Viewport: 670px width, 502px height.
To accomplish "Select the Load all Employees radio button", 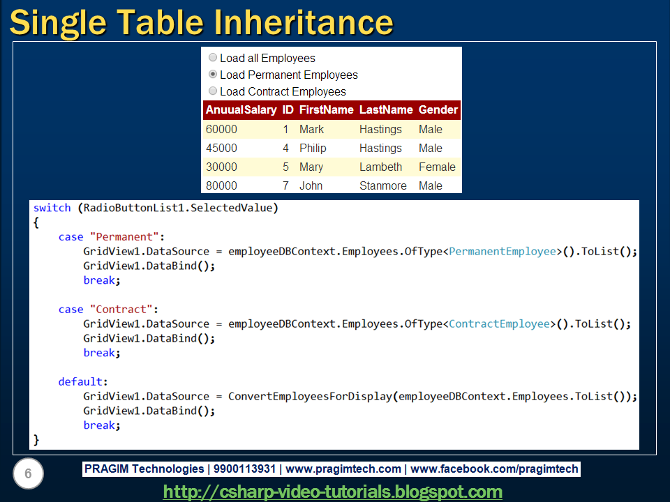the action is point(212,57).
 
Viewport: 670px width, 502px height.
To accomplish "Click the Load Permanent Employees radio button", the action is point(212,75).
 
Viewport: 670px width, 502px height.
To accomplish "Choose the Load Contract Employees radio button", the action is point(212,91).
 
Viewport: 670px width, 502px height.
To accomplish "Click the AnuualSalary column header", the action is point(241,109).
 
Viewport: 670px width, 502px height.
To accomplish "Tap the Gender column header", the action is point(438,109).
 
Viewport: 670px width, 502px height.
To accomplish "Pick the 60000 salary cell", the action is point(221,130).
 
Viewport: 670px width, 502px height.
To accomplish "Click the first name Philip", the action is point(313,148).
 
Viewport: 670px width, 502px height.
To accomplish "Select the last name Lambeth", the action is point(381,167).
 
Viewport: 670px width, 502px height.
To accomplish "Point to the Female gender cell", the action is point(437,167).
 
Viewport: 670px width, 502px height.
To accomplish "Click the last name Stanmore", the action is point(383,185).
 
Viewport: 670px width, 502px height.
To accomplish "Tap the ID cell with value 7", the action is point(285,185).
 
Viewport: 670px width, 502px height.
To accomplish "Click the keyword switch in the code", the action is point(52,208).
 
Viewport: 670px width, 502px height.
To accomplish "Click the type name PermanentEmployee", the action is point(502,252).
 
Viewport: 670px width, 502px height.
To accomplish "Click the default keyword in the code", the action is point(80,381).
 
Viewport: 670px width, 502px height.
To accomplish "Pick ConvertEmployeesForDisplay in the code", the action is point(310,397).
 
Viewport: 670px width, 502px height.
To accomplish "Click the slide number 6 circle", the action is point(28,473).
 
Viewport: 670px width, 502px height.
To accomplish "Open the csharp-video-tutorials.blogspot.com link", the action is point(332,492).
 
